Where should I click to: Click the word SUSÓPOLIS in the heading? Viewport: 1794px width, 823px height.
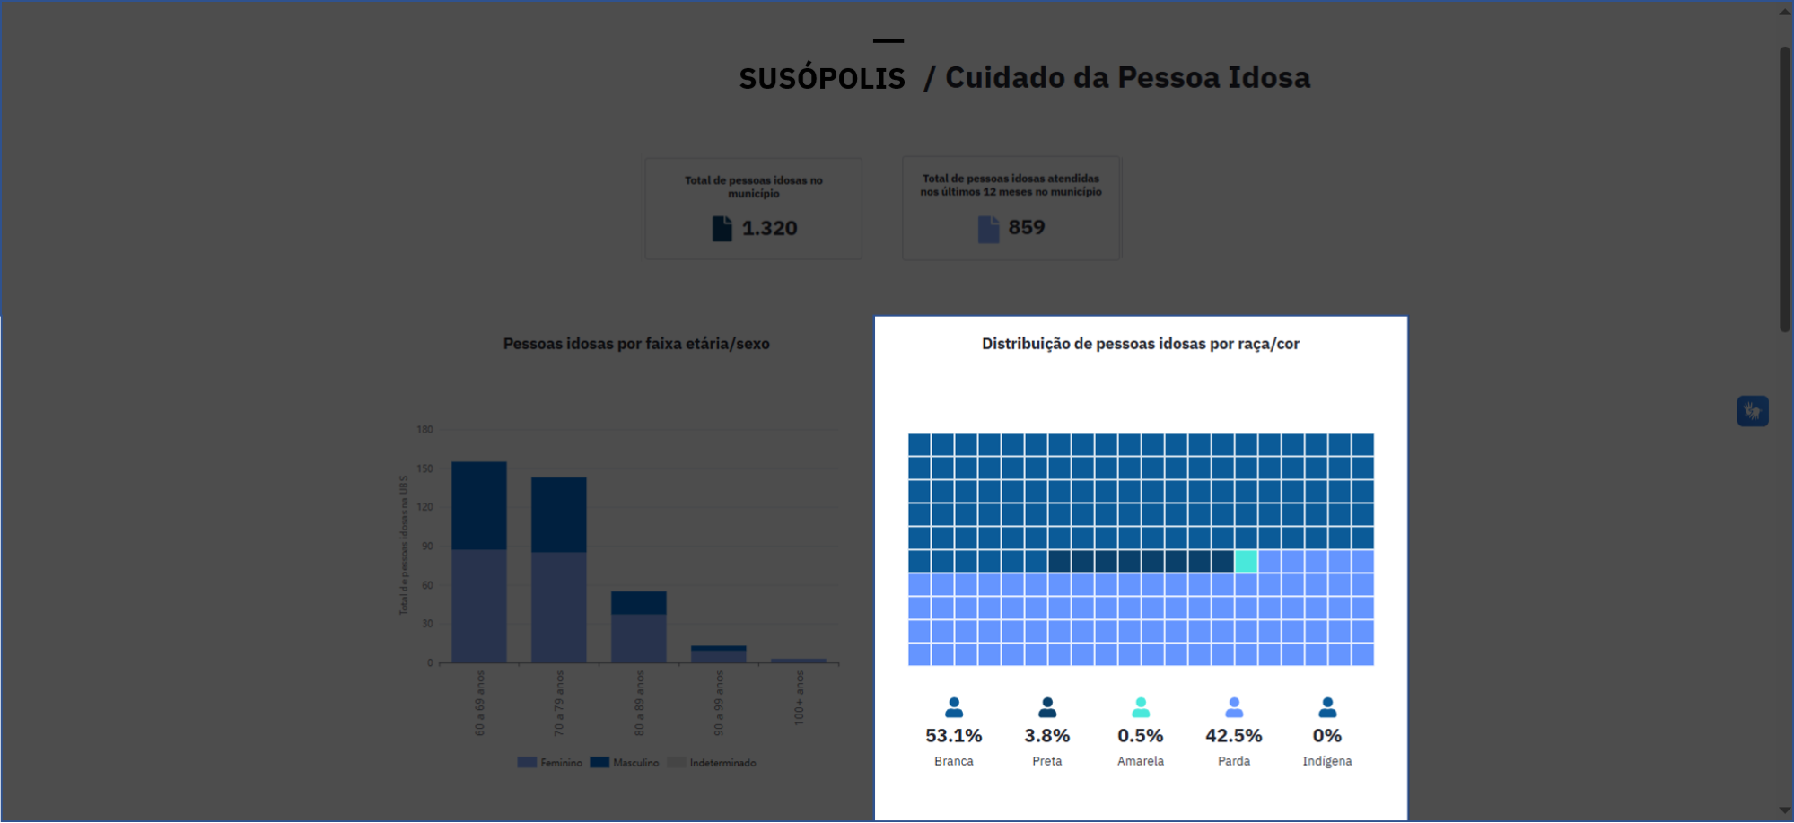pos(822,78)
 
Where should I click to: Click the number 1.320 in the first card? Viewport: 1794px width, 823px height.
pos(769,228)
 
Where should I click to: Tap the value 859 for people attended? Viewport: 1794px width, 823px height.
pos(1026,227)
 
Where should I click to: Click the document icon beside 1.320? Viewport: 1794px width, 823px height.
pos(722,228)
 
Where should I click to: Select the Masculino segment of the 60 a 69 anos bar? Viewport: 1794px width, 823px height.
pos(478,505)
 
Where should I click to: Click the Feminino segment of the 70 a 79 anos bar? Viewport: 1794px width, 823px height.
pos(558,607)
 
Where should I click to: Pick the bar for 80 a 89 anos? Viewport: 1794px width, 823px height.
pos(638,626)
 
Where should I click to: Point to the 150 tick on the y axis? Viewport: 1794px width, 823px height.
pos(424,468)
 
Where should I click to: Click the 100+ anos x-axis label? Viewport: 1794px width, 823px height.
pos(799,697)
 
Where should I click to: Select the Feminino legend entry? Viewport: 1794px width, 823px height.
pos(550,763)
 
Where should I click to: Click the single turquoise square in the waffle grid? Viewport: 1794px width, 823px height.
pos(1246,561)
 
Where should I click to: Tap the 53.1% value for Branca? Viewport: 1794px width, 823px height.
pos(953,735)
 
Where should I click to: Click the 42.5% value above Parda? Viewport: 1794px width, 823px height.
pos(1233,735)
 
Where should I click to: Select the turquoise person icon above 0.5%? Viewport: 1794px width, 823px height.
pos(1140,707)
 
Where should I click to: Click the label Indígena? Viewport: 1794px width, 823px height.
pos(1326,761)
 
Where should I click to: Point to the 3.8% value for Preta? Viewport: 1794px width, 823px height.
pos(1046,735)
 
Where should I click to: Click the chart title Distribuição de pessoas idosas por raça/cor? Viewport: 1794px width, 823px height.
pos(1140,344)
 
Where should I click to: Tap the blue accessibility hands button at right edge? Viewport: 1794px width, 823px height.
pos(1752,411)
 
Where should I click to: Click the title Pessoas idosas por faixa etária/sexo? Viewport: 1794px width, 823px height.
pos(635,344)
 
